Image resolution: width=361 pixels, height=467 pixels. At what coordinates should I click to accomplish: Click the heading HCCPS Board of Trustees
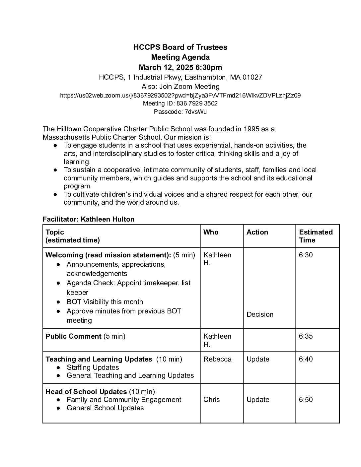180,47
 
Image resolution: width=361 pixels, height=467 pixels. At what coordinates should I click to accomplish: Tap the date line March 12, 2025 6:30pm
180,68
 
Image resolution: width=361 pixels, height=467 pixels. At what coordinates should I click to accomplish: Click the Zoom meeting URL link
180,96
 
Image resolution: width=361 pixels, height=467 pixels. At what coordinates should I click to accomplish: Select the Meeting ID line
180,103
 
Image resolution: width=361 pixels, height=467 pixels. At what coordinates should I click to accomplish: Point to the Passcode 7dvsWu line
180,112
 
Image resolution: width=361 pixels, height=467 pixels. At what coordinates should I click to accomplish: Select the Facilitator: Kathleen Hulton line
89,219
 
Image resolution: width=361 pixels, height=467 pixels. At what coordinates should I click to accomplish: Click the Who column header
211,232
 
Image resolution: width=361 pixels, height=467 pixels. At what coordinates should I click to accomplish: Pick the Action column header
257,232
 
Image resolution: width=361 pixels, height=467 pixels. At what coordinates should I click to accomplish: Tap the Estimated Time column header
316,236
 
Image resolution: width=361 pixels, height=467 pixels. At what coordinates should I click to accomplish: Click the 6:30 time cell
306,255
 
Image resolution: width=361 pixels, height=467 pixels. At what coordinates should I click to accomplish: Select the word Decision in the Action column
260,314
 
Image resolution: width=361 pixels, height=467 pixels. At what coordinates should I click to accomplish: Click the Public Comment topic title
73,336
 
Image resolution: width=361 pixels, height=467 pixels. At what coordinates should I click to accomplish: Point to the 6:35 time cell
306,336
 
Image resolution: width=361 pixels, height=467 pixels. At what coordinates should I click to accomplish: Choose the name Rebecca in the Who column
217,359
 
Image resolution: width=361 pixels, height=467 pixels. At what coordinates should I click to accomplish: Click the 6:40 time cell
306,359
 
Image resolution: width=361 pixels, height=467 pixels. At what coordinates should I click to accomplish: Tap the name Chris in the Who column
211,400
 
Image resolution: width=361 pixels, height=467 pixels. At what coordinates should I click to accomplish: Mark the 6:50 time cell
306,400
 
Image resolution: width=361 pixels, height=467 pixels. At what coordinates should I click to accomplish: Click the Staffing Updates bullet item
93,367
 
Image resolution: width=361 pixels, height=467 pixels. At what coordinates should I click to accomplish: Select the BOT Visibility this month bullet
105,302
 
